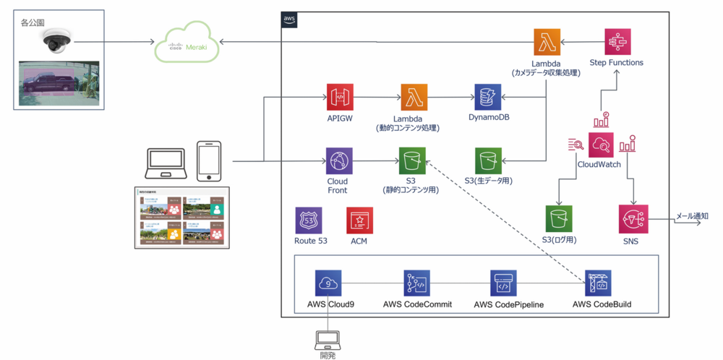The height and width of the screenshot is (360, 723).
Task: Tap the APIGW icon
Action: [338, 97]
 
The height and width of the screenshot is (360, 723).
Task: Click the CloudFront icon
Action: [338, 160]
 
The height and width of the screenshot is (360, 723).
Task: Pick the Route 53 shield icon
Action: [309, 220]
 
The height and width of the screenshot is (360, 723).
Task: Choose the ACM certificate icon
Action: [359, 220]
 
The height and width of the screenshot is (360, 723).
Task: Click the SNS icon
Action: [633, 218]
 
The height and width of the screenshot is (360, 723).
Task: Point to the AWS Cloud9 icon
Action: [328, 283]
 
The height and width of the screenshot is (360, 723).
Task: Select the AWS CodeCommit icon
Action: [417, 283]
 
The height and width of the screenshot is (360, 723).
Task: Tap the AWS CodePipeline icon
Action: [504, 283]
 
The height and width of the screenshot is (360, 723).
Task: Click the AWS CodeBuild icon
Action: [599, 283]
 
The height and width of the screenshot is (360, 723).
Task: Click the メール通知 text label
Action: [691, 215]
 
